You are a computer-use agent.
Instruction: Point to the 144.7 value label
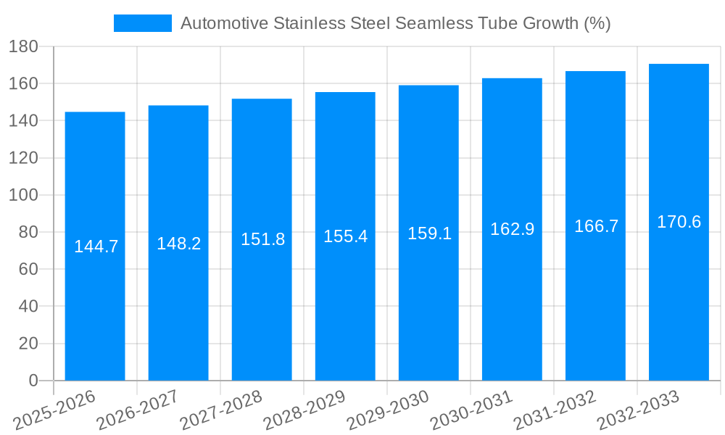coord(96,246)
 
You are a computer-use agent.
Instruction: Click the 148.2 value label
coord(178,244)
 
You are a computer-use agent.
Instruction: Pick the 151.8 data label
coord(262,239)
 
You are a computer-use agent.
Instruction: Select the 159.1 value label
coord(429,233)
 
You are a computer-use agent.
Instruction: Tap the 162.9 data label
coord(512,229)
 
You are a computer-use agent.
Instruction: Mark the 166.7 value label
coord(596,226)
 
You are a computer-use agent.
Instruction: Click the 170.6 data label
coord(679,222)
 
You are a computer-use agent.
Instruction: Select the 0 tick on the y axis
coord(33,381)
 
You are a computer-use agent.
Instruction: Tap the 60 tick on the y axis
coord(27,270)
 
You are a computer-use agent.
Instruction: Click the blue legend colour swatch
coord(143,23)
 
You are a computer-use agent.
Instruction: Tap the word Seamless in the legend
coord(428,23)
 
